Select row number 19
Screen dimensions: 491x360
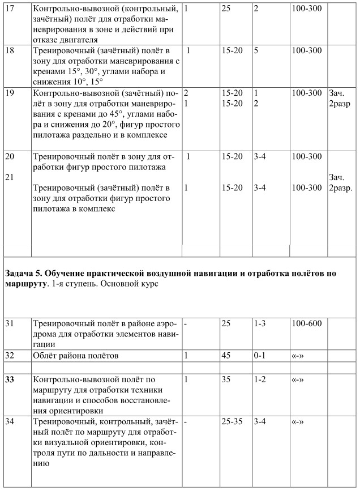[9, 92]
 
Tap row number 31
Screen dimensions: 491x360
[9, 323]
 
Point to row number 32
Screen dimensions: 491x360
[9, 356]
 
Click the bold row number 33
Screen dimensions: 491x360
[9, 379]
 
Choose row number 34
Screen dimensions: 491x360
[9, 421]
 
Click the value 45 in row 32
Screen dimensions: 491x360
[227, 356]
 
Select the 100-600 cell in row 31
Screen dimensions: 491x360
[306, 323]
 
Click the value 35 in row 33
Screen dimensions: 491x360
[227, 379]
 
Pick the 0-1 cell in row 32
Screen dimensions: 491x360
[260, 356]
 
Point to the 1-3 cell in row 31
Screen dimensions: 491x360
[260, 323]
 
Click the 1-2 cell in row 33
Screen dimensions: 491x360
[260, 379]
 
